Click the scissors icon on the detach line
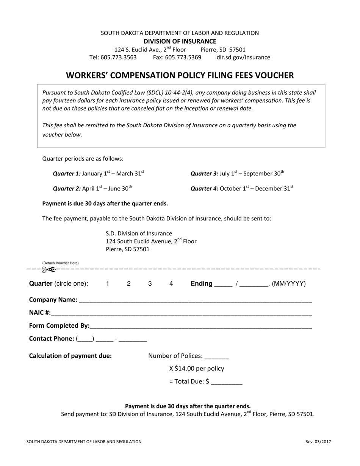point(48,269)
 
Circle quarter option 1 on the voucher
point(108,283)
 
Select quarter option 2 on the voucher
point(129,283)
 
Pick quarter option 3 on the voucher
point(150,283)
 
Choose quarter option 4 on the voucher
point(171,283)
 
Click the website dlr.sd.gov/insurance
point(243,57)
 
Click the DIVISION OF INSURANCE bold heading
point(180,41)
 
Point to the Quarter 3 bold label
point(204,174)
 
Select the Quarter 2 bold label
point(67,188)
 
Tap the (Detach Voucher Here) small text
point(60,263)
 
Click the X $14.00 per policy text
point(196,368)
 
